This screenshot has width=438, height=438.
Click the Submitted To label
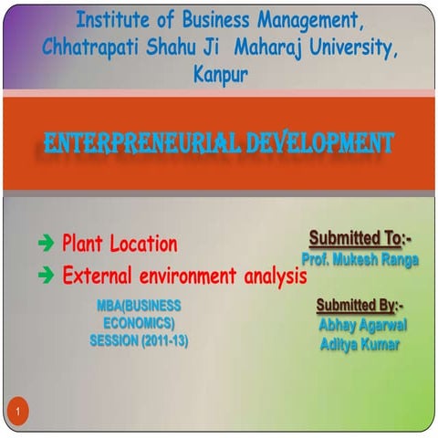point(360,239)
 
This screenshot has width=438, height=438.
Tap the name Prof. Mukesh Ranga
point(360,259)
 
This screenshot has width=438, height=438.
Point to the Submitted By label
point(360,305)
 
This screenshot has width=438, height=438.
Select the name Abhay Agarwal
point(362,325)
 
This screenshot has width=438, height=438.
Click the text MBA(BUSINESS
point(139,305)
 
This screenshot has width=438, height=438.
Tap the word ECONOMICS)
point(139,323)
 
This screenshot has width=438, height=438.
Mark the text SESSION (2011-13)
point(139,341)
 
